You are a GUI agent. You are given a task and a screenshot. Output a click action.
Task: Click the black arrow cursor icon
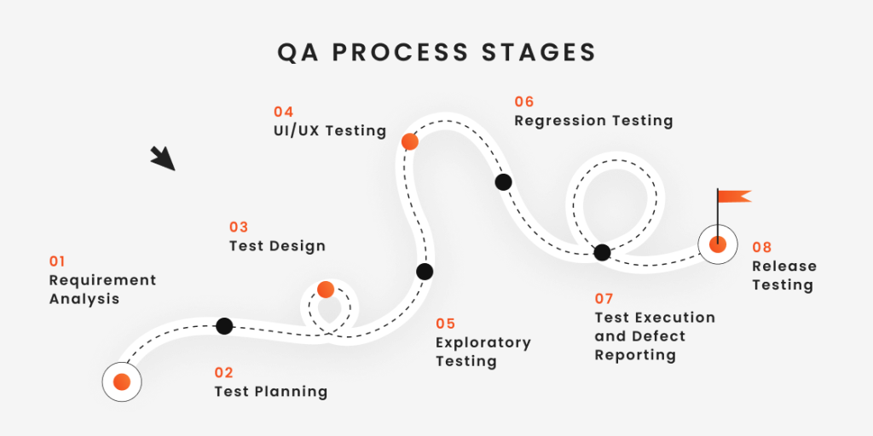point(162,158)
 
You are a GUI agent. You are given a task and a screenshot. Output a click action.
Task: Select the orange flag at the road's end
point(733,196)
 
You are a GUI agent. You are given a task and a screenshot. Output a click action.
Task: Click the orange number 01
point(57,261)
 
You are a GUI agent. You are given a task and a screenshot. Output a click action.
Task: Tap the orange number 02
point(223,372)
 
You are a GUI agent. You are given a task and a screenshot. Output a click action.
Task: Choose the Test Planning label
point(270,392)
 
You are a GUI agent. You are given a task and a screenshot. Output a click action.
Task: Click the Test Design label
point(277,246)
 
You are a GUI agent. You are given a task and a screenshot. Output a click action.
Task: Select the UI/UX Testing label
point(324,131)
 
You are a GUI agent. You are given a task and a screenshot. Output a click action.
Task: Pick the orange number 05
point(445,324)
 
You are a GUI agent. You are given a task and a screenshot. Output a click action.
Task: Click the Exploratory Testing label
point(483,352)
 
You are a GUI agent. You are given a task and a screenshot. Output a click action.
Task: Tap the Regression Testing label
point(593,121)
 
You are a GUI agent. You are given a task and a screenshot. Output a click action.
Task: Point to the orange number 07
point(604,299)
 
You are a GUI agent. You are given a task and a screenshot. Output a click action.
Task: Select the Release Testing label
point(783,276)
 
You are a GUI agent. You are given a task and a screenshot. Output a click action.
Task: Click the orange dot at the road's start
point(121,382)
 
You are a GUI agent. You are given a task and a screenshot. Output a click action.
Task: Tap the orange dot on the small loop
point(325,290)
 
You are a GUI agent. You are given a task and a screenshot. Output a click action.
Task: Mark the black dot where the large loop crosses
point(602,252)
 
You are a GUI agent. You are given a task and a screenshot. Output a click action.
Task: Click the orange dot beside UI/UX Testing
point(410,141)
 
